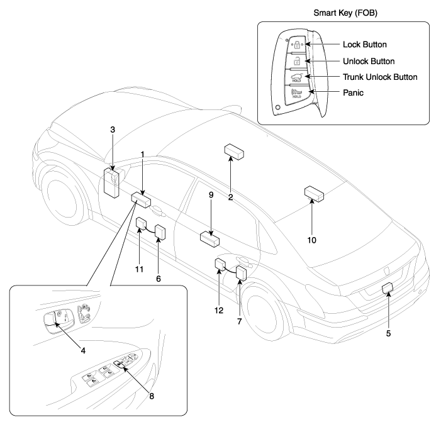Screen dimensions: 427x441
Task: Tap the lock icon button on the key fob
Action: click(x=294, y=47)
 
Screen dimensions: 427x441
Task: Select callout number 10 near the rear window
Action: click(x=313, y=240)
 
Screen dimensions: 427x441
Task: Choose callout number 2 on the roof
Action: click(x=231, y=197)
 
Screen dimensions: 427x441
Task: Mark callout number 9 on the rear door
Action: click(x=211, y=196)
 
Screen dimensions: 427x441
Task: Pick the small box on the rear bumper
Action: click(x=388, y=289)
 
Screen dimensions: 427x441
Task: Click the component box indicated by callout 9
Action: click(x=209, y=238)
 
